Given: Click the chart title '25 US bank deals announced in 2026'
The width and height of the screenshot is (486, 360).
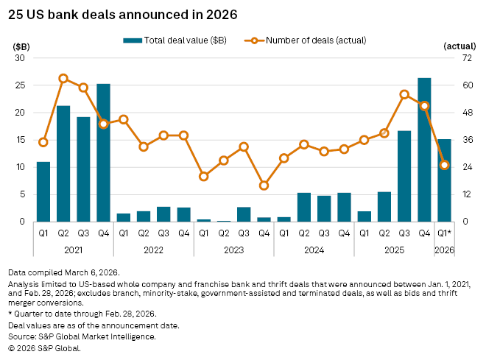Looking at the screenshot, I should coord(123,14).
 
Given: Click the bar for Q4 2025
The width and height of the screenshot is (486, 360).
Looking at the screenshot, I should coord(424,149).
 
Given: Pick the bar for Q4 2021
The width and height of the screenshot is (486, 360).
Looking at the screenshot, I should coord(103,152).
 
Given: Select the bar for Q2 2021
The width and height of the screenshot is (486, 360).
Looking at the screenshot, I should coord(63,163).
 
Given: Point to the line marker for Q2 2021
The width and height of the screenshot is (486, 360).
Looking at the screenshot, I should coord(63,78).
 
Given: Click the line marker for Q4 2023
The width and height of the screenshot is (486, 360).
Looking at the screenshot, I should coord(264,186).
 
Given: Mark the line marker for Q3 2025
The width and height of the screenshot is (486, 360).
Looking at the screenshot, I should coord(404,94).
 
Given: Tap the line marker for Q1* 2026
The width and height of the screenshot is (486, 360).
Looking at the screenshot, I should coord(444,165).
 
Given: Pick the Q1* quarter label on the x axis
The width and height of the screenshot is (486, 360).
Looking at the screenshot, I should coord(445,233).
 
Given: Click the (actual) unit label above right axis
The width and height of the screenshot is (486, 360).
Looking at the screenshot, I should coord(461,46).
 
